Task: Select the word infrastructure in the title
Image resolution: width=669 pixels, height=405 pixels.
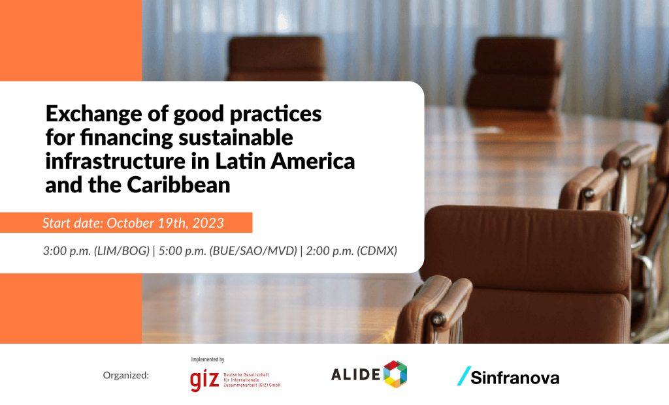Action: pyautogui.click(x=115, y=161)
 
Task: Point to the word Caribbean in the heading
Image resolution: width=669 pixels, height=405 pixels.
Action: pyautogui.click(x=178, y=185)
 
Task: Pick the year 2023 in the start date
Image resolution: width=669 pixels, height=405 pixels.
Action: pyautogui.click(x=208, y=223)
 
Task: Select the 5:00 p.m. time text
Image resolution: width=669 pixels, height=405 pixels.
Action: pyautogui.click(x=183, y=251)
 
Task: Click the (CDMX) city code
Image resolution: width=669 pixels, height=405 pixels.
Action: pyautogui.click(x=377, y=251)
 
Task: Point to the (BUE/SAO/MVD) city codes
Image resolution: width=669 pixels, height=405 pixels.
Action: pyautogui.click(x=253, y=251)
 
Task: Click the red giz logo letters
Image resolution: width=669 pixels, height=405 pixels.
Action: pyautogui.click(x=204, y=379)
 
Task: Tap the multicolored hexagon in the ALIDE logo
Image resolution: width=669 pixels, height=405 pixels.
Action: pyautogui.click(x=395, y=374)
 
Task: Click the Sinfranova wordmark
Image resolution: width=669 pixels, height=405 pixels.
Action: pyautogui.click(x=515, y=378)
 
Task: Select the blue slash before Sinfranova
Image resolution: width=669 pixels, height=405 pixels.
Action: pyautogui.click(x=464, y=376)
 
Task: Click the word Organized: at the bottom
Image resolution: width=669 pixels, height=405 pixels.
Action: pyautogui.click(x=126, y=376)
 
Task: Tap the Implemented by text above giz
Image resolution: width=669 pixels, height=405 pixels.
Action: pyautogui.click(x=207, y=359)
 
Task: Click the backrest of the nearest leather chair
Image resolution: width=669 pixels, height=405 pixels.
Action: pyautogui.click(x=527, y=249)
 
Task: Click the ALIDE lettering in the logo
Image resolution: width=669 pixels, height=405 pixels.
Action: pyautogui.click(x=355, y=374)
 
